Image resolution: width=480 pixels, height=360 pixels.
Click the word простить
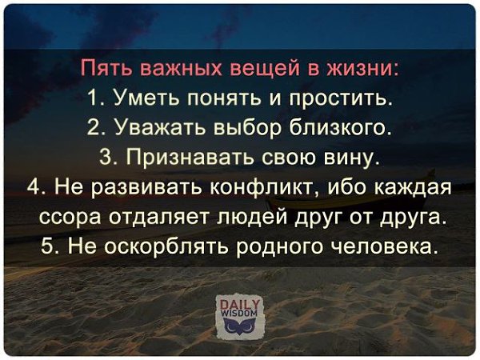click(x=341, y=98)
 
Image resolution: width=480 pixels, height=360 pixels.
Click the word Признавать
click(x=191, y=158)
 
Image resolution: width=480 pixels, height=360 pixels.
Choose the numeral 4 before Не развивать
click(x=33, y=186)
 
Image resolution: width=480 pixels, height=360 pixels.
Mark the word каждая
click(x=414, y=187)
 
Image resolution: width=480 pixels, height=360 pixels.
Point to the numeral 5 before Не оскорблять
click(x=46, y=246)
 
